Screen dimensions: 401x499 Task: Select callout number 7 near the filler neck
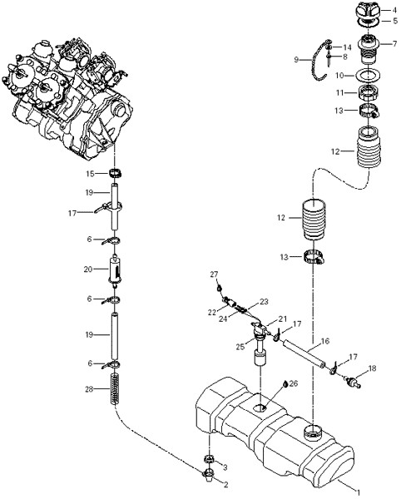394,43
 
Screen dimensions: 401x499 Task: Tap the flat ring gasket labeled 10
368,76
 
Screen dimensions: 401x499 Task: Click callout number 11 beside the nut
340,93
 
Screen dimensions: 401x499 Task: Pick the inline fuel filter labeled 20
115,270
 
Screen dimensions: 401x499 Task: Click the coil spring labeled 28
115,388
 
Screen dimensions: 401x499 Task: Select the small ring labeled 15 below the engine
116,174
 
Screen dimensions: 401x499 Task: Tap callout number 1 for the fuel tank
359,492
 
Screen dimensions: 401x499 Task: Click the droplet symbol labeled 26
285,383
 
